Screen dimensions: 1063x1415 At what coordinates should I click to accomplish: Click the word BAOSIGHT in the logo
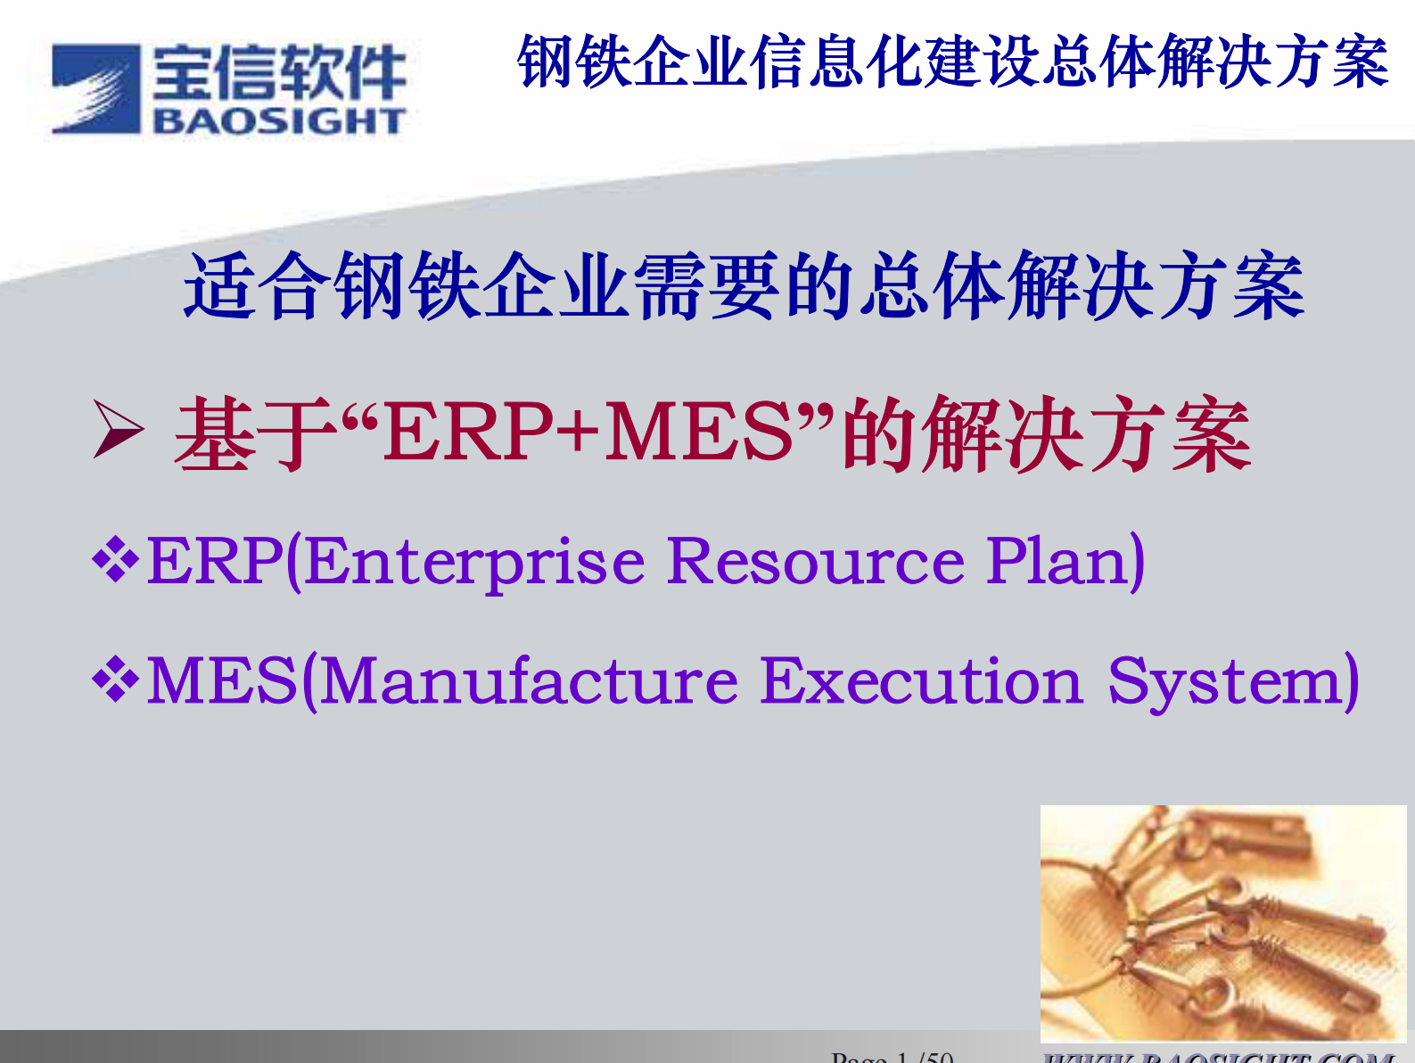(x=279, y=121)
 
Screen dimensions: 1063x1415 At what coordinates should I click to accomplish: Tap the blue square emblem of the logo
(x=95, y=89)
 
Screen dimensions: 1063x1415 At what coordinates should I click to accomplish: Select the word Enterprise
(x=474, y=562)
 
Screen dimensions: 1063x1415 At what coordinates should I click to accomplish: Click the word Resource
(x=816, y=562)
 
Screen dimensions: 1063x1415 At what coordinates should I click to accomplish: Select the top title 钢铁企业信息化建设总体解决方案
(x=952, y=62)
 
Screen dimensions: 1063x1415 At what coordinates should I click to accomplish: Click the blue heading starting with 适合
(x=744, y=286)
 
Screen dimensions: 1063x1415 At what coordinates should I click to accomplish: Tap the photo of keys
(x=1222, y=923)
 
